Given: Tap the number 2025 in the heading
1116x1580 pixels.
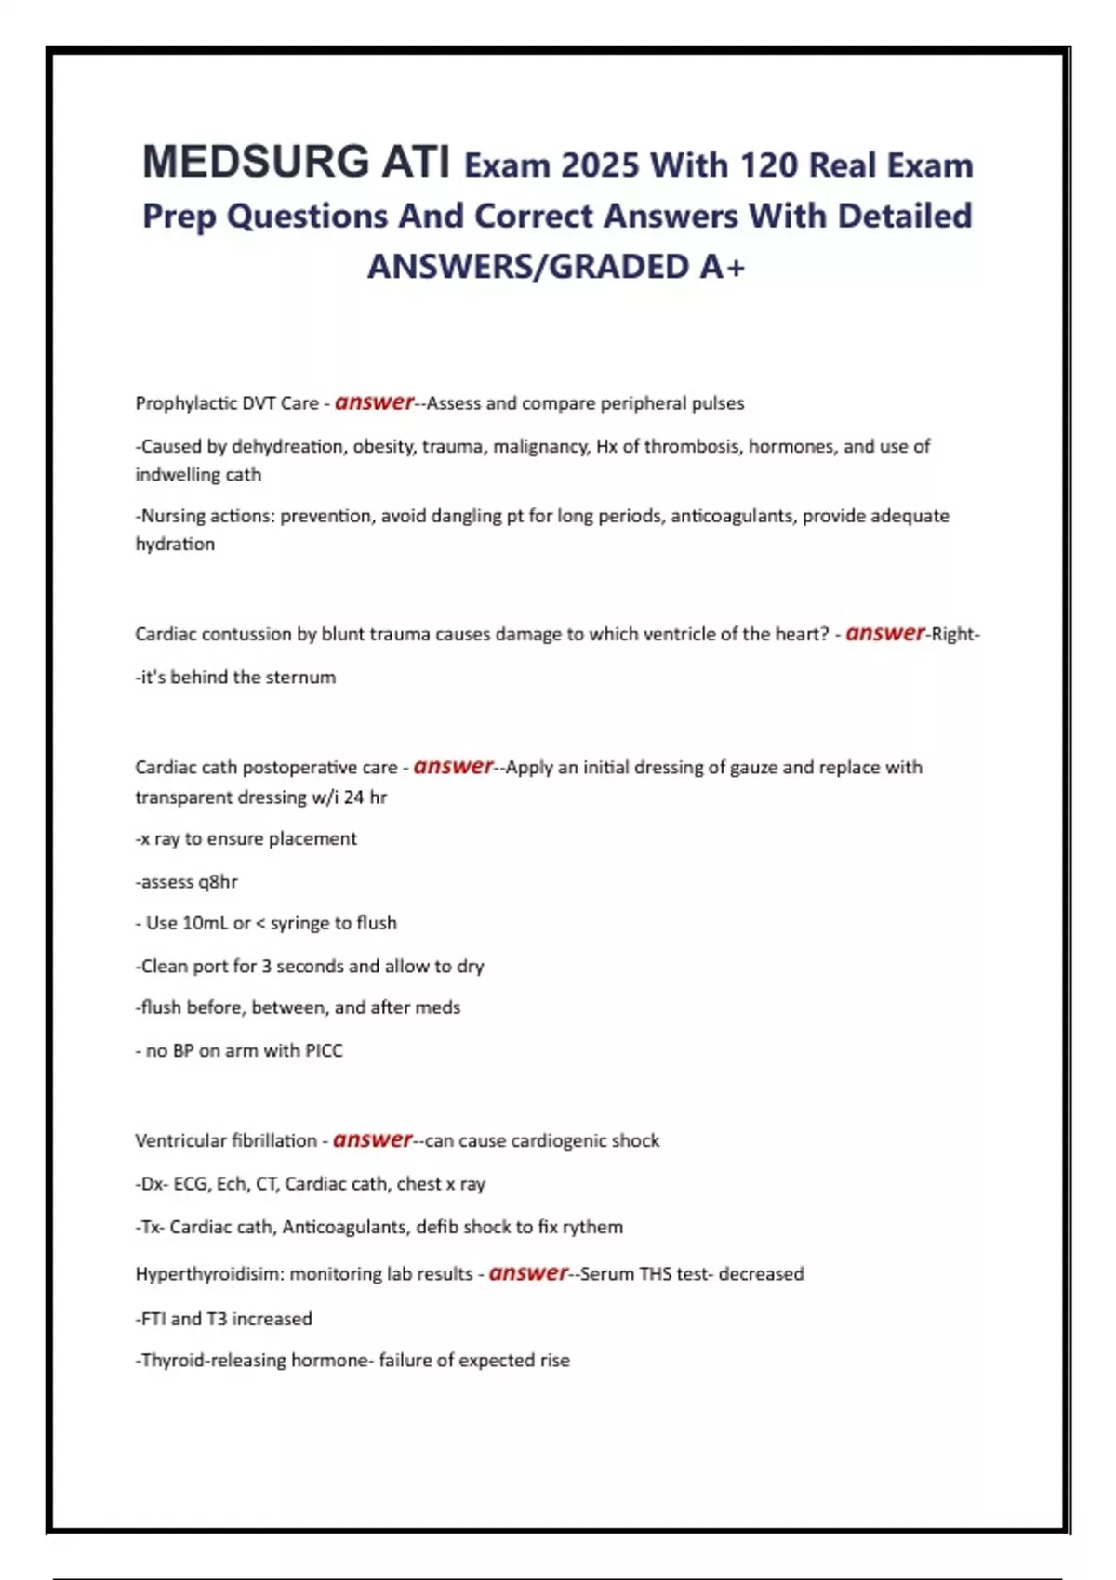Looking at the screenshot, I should coord(600,165).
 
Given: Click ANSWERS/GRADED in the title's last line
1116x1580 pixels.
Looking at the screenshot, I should coord(528,267).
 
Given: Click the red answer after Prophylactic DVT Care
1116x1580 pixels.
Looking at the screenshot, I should coord(374,402).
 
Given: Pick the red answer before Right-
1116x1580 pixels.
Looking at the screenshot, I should coord(884,634).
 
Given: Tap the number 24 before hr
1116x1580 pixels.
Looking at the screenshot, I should coord(353,797).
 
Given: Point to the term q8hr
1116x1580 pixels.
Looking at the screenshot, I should coord(218,881).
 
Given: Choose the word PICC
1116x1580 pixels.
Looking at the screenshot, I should coord(324,1051).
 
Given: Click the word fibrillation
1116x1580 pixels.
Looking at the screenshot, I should coord(273,1140).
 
